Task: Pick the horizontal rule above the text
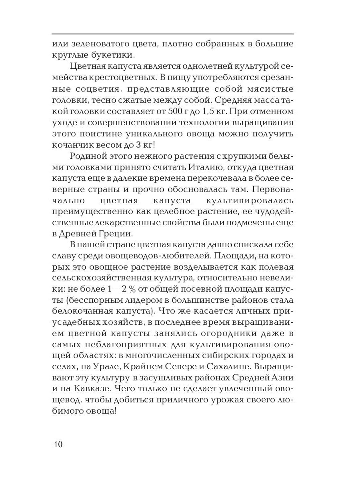[x=172, y=34]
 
